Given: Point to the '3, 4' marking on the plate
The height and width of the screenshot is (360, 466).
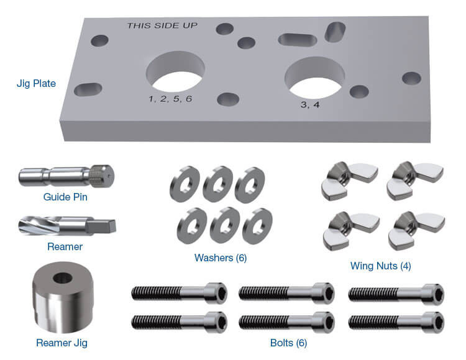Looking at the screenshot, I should [310, 105].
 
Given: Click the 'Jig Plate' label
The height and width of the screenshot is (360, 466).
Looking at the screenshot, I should [36, 83].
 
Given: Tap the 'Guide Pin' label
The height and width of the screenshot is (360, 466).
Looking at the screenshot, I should [65, 197].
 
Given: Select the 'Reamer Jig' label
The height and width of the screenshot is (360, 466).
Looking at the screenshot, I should [61, 342].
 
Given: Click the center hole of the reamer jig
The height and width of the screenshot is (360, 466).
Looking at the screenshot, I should [62, 277].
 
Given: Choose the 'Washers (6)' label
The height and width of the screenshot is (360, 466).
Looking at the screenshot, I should [220, 258].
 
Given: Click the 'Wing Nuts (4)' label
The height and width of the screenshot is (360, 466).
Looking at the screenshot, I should [380, 266].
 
